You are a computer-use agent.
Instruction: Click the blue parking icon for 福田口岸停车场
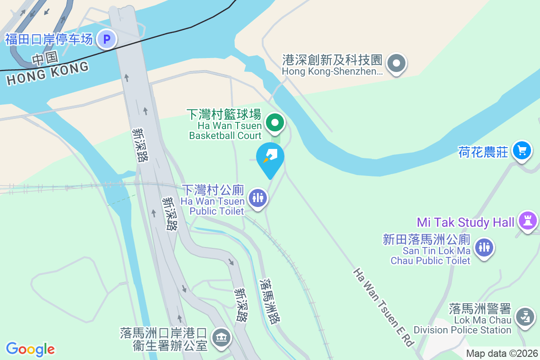click(x=107, y=39)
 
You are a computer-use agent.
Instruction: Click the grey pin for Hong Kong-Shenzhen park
click(x=396, y=63)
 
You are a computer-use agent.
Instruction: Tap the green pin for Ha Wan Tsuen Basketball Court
click(x=274, y=123)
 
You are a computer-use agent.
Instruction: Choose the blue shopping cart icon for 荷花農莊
click(x=522, y=150)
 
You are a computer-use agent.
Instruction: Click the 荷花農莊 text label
click(x=483, y=153)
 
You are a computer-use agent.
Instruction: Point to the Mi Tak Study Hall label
click(x=465, y=222)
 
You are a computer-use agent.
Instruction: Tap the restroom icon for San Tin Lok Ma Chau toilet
click(x=484, y=247)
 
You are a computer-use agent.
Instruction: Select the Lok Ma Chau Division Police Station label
click(x=463, y=319)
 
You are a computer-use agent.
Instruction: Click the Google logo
click(x=30, y=349)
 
